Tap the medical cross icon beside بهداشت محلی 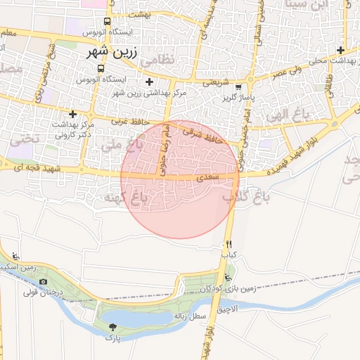(341, 50)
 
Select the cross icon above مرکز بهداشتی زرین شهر (149, 82)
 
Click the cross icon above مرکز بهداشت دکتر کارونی (73, 113)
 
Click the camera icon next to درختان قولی (43, 281)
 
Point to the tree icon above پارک (113, 327)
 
